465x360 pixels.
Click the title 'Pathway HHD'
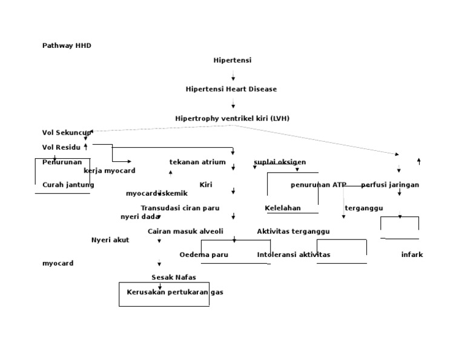click(x=67, y=45)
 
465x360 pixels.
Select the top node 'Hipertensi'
click(x=232, y=61)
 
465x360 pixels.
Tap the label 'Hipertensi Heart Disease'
click(x=231, y=89)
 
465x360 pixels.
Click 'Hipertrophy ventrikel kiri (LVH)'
click(x=232, y=118)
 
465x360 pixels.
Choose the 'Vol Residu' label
click(x=61, y=147)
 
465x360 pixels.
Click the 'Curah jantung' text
click(x=68, y=184)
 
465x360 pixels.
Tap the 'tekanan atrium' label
click(x=197, y=162)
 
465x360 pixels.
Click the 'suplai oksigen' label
click(x=280, y=162)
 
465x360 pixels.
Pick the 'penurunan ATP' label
click(x=318, y=184)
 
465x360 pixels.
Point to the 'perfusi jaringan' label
click(x=390, y=184)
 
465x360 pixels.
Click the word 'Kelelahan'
click(x=283, y=208)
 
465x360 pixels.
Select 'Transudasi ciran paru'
click(x=180, y=208)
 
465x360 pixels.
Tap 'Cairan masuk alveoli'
click(x=185, y=231)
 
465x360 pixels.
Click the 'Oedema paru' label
click(x=204, y=255)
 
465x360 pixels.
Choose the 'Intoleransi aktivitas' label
click(x=294, y=255)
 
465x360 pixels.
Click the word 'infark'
click(x=412, y=255)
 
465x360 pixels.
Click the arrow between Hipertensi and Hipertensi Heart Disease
click(x=233, y=75)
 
